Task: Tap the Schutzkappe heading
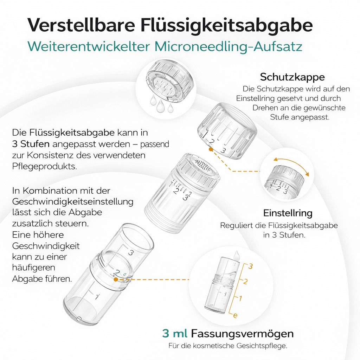click(292, 77)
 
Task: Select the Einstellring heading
click(288, 213)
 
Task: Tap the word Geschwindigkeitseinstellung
click(73, 202)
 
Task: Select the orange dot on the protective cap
click(210, 149)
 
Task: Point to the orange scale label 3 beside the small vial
click(250, 266)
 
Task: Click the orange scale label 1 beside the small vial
click(241, 298)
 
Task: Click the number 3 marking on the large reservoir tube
click(130, 252)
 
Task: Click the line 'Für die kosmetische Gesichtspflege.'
click(227, 346)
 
